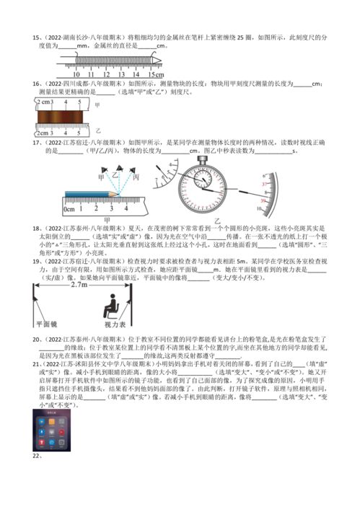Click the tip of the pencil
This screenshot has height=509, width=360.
(x=121, y=193)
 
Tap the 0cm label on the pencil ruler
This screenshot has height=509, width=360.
(x=70, y=209)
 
